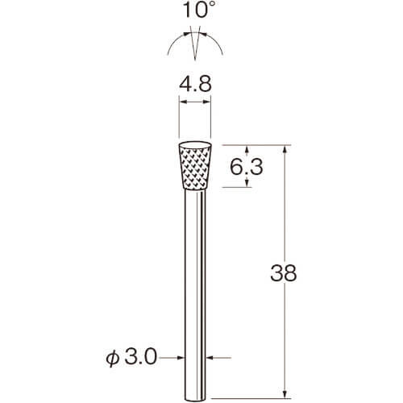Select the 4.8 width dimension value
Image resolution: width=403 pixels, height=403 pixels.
195,84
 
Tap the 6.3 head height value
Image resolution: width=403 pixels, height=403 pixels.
247,167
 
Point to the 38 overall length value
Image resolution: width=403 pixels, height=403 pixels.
284,273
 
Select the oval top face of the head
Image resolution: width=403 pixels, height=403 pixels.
195,145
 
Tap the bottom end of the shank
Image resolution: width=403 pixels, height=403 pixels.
195,401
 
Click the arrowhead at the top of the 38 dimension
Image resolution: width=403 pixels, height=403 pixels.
285,149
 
